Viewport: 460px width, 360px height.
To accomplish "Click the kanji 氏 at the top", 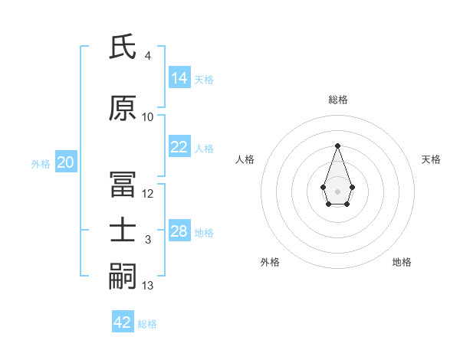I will click(123, 47).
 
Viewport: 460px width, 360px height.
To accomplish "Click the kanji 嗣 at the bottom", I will click(123, 277).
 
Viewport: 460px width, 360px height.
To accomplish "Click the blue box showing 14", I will click(179, 78).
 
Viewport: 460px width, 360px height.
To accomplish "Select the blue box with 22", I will click(179, 148).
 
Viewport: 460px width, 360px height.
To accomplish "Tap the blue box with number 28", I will click(179, 231).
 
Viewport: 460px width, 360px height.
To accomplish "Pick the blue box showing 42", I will click(123, 322).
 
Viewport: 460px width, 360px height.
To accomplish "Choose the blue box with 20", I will click(66, 162).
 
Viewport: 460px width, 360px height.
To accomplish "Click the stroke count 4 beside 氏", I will click(147, 56).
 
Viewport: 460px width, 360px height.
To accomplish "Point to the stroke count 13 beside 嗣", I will click(148, 286).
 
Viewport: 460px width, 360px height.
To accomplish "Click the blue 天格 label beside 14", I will click(204, 80).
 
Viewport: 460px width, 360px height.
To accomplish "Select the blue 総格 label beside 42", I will click(147, 324).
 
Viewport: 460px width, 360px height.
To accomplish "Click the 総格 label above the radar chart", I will click(338, 100).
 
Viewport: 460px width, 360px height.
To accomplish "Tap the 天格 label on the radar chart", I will click(431, 159).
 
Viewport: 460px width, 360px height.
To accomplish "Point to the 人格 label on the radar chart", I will click(245, 159).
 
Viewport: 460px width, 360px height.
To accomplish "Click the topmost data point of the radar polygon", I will click(337, 146).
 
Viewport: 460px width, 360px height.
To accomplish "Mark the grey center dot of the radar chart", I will click(337, 191).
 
